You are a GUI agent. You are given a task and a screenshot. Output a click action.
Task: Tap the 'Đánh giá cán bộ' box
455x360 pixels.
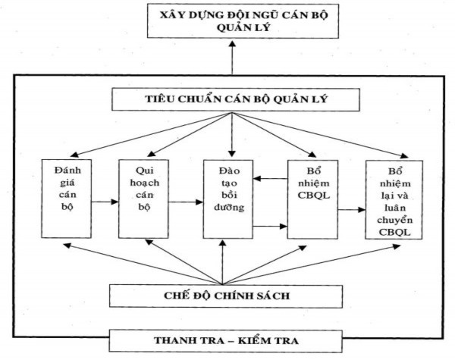[65, 198]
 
